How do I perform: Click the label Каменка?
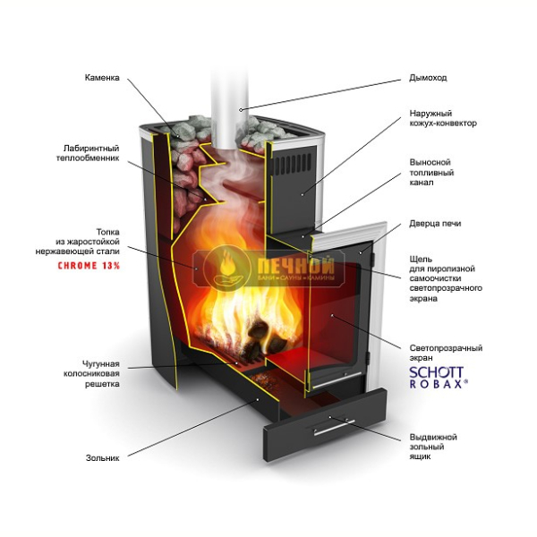tap(102, 78)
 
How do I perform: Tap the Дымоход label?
tap(428, 78)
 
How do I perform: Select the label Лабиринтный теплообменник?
tap(88, 153)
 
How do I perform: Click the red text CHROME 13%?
tap(89, 266)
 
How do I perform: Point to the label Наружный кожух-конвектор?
tap(443, 118)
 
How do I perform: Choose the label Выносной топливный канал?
tap(431, 172)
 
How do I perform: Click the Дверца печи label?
tap(435, 223)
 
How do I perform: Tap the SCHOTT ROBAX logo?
tap(439, 378)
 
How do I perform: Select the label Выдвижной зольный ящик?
tap(433, 447)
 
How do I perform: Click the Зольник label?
tap(102, 458)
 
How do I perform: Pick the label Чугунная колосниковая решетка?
tap(91, 373)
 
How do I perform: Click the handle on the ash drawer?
tap(334, 428)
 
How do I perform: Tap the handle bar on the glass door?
tap(337, 380)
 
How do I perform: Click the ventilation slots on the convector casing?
tap(293, 164)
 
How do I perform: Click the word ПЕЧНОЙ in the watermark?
tap(295, 264)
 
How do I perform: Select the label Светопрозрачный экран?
tap(446, 353)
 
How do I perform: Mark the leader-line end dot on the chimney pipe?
tap(241, 109)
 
